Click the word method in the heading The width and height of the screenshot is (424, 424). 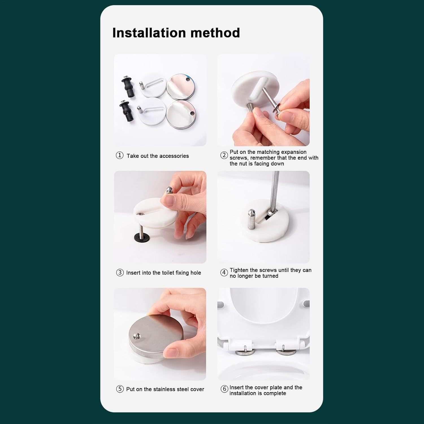tap(215, 33)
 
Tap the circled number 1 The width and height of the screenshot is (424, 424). tap(120, 155)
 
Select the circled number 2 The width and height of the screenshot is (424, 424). tap(224, 155)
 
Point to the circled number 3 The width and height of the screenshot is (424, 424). tap(120, 272)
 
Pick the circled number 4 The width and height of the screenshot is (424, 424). tap(224, 272)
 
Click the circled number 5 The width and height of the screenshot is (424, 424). tap(120, 389)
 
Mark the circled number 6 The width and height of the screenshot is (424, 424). tap(224, 389)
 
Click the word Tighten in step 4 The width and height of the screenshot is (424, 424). tap(239, 270)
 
